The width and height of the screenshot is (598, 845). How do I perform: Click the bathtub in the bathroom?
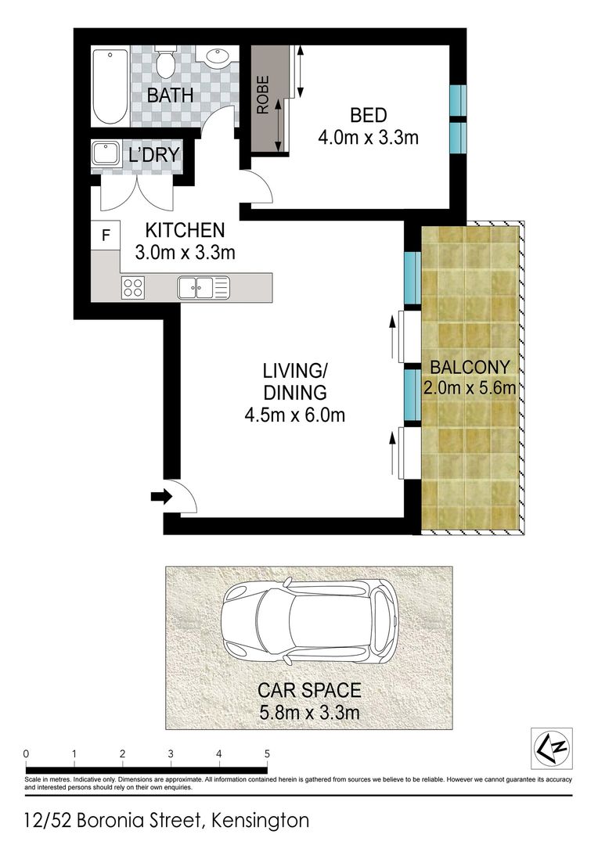(110, 87)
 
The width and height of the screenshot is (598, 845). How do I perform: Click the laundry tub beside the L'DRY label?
(105, 153)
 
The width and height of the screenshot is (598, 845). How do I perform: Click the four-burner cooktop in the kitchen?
(133, 286)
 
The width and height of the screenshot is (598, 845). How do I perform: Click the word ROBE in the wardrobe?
(262, 95)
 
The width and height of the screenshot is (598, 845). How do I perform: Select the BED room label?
(369, 115)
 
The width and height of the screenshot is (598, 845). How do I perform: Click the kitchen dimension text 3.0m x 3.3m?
(185, 252)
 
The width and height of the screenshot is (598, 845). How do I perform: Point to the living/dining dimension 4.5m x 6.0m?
(294, 415)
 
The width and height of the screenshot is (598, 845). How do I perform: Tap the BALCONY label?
(470, 368)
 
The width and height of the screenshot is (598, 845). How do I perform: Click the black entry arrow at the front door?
(161, 496)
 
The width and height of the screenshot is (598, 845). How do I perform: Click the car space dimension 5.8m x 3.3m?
(309, 713)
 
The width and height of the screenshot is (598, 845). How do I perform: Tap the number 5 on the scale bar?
(267, 754)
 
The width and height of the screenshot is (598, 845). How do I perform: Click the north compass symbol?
(552, 748)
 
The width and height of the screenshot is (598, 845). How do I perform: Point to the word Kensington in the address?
(261, 822)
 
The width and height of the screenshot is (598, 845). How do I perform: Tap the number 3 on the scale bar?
(171, 754)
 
